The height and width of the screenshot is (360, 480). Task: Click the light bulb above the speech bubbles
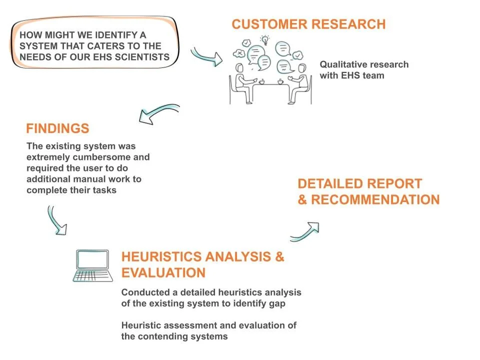265,39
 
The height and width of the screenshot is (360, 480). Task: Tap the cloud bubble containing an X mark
240,52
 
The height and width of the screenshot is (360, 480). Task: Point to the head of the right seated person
302,68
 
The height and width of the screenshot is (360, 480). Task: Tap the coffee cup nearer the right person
280,80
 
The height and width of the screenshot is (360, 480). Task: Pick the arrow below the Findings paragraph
56,220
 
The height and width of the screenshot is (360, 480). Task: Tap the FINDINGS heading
57,128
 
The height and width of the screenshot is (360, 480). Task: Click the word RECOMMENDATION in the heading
375,200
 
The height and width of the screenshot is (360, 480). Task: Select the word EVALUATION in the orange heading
163,272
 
